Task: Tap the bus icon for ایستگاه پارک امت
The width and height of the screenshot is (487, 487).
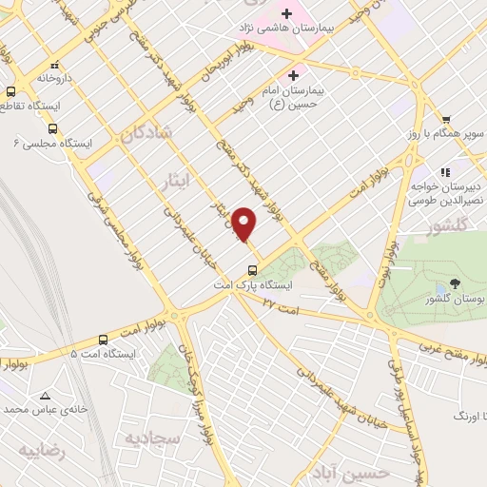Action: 252,268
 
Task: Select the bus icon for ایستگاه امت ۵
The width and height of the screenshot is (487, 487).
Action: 103,339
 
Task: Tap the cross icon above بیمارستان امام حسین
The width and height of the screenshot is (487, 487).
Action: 293,74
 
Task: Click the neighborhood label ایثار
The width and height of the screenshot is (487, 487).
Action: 179,180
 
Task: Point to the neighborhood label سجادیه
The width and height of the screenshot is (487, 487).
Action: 152,437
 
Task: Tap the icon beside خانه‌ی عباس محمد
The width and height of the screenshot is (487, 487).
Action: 43,394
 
